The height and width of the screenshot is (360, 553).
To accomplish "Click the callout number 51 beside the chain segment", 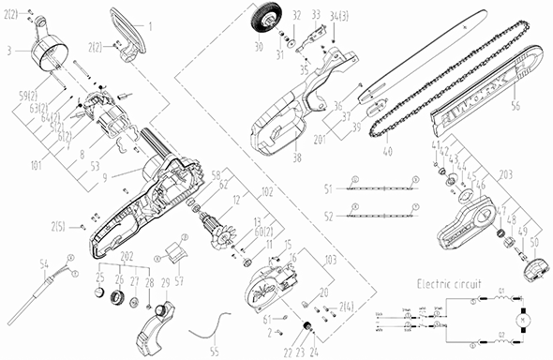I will click(327, 187).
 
